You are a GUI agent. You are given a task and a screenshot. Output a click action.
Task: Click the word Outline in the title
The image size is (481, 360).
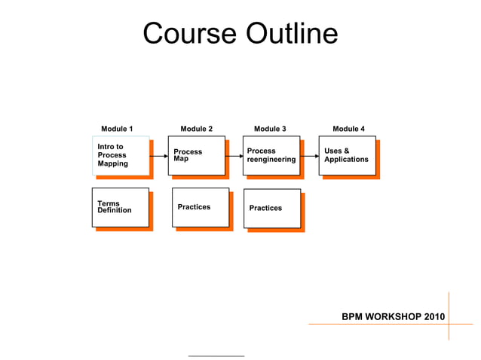tap(291, 34)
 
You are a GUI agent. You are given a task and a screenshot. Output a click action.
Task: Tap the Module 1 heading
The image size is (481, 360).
tap(117, 129)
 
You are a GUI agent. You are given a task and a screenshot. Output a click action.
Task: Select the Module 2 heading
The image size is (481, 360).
tap(196, 129)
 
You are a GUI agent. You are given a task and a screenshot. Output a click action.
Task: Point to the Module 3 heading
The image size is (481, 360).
tap(270, 129)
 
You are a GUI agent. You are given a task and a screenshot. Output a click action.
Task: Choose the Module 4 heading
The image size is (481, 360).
tap(348, 129)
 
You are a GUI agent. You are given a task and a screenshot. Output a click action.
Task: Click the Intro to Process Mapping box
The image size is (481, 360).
tap(121, 155)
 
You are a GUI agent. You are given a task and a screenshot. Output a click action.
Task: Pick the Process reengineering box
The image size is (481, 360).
tap(271, 155)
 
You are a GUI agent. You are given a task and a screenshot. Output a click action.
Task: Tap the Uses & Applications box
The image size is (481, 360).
tap(347, 155)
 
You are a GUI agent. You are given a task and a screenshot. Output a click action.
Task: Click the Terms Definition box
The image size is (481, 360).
tap(121, 207)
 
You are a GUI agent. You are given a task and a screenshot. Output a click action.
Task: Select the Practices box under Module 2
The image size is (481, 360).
tap(200, 207)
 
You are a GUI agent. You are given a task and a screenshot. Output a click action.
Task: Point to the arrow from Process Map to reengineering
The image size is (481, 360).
tap(234, 156)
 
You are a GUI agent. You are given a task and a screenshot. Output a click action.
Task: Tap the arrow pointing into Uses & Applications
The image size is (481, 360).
tap(309, 156)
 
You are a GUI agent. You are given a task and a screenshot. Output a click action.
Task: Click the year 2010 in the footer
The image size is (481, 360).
tap(434, 316)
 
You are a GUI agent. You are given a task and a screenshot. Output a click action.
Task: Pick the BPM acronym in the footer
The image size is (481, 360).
tap(352, 316)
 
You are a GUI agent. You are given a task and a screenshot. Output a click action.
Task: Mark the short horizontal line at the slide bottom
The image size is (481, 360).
tap(216, 355)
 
